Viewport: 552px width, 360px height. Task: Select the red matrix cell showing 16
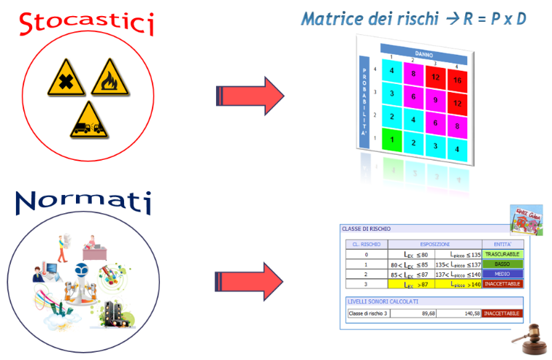458,80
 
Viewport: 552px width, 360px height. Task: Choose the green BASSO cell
502,264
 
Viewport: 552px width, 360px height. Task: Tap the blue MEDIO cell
502,274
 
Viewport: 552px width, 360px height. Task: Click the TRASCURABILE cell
502,253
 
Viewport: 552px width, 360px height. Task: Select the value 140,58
461,313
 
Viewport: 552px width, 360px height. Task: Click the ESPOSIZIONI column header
434,243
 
